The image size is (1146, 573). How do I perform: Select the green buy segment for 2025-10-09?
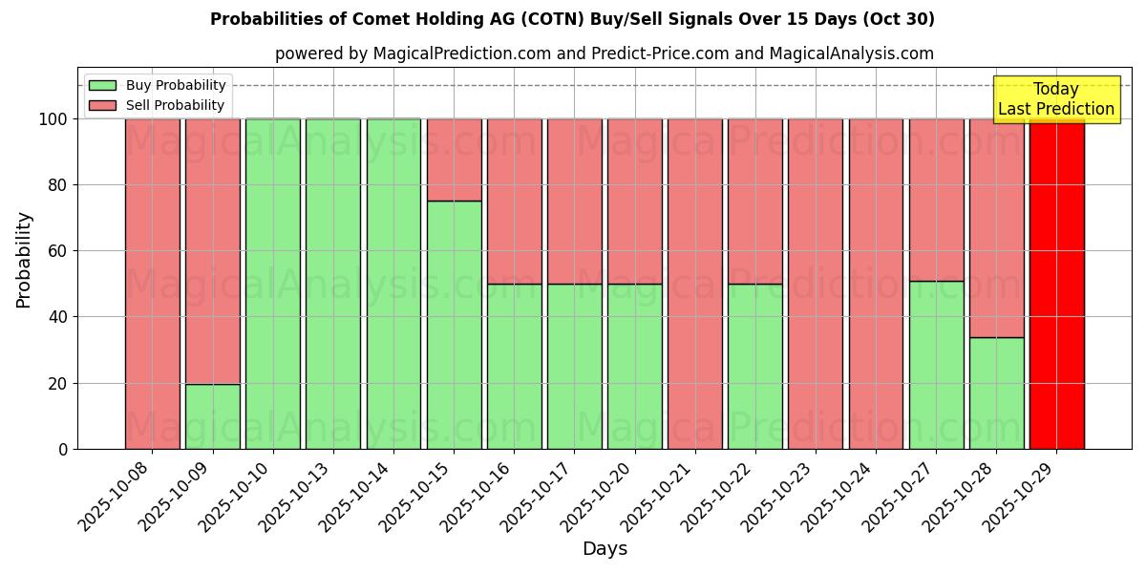click(213, 416)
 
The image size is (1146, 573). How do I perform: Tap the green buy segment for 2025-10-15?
click(454, 325)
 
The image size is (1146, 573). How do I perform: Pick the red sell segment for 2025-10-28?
click(996, 228)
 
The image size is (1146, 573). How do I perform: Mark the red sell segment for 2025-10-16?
click(514, 202)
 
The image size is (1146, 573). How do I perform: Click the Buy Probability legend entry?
click(176, 85)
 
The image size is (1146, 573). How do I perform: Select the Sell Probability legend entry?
click(175, 105)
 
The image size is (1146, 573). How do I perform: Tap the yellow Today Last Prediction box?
click(1055, 99)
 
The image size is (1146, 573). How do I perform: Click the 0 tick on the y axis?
click(63, 449)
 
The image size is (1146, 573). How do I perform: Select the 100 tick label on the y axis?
click(53, 119)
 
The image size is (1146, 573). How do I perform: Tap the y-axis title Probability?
click(24, 259)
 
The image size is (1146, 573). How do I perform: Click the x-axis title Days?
click(605, 549)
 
